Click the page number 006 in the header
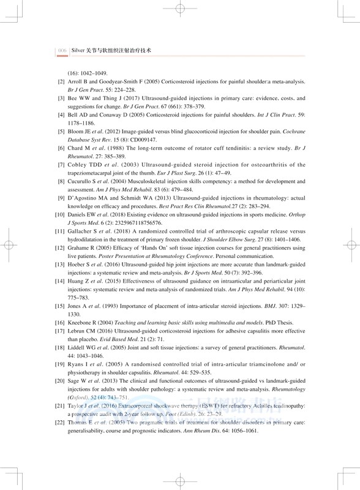(61, 51)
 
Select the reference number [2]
(61, 81)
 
